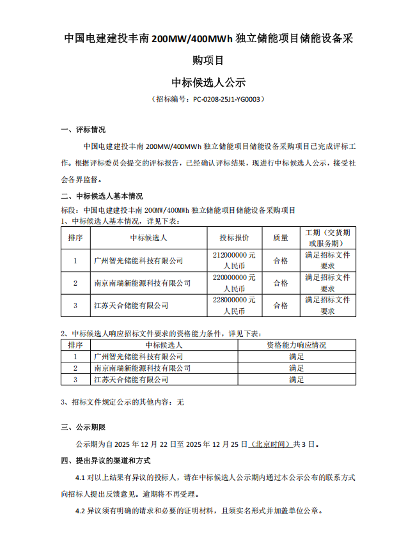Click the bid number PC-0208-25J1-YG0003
coord(226,100)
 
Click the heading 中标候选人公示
coord(208,82)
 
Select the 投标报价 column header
coord(234,238)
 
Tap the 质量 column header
coord(281,238)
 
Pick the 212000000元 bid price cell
coord(234,260)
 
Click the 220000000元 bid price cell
coord(234,283)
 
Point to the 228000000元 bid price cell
coord(234,305)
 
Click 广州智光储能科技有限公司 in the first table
coord(138,261)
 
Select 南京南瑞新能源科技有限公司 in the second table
coord(142,368)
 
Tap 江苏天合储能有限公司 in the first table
coord(131,306)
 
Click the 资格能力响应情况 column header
coord(296,345)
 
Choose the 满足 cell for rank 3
coord(296,380)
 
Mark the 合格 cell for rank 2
coord(281,283)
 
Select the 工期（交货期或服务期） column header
coord(327,238)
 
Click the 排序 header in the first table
coord(75,238)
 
